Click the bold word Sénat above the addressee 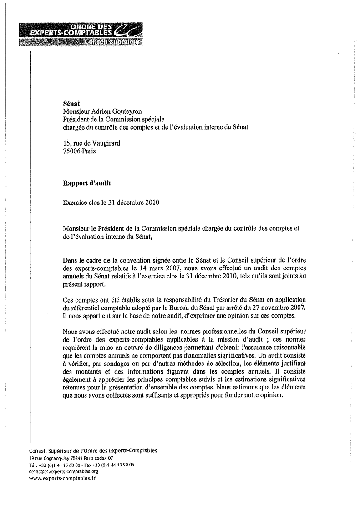tap(71, 104)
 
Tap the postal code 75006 tap(73, 151)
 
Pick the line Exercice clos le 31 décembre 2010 tap(111, 203)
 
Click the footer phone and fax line tap(81, 465)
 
